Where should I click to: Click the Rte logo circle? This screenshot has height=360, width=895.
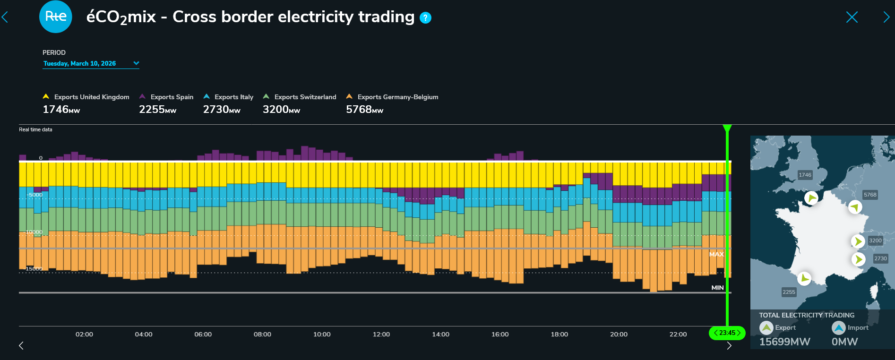click(x=56, y=17)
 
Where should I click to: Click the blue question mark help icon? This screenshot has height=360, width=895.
click(x=426, y=18)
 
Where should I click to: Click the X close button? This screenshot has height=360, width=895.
click(x=852, y=17)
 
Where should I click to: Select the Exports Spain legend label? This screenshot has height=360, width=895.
click(x=172, y=97)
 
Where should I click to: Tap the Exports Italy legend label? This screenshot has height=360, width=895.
click(x=233, y=97)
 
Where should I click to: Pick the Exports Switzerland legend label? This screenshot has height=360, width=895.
click(x=305, y=97)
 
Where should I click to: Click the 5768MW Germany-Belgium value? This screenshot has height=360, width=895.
click(x=364, y=110)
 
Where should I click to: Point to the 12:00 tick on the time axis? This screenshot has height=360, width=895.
click(x=381, y=334)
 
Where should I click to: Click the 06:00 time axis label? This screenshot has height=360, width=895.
click(x=203, y=334)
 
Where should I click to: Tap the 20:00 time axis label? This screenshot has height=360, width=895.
click(x=619, y=334)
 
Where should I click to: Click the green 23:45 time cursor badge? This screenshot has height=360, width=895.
click(x=727, y=333)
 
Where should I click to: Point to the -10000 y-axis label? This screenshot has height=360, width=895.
click(x=34, y=232)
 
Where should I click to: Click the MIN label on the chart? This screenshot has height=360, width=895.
click(x=717, y=288)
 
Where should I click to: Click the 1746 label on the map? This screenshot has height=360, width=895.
click(x=805, y=175)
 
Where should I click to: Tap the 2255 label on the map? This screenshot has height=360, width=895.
click(x=789, y=292)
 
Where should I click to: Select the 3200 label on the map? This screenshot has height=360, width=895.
click(x=875, y=240)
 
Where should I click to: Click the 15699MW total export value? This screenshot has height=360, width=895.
click(x=784, y=342)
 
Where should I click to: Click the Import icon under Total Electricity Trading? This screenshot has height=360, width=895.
click(x=839, y=327)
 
